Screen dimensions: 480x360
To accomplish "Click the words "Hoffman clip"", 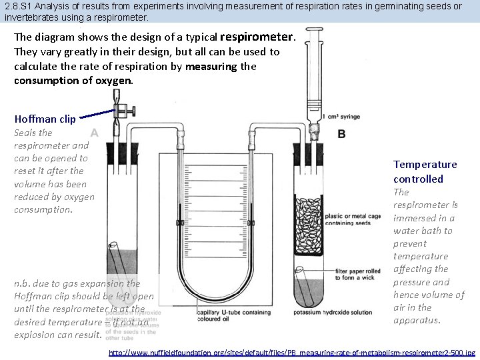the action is pos(45,119).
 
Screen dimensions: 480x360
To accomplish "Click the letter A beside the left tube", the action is pos(95,133).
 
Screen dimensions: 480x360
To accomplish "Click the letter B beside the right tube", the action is pos(341,133).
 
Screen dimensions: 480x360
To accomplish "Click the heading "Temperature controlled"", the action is pos(425,171).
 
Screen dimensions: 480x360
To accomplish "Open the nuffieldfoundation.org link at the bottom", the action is pos(291,351).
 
